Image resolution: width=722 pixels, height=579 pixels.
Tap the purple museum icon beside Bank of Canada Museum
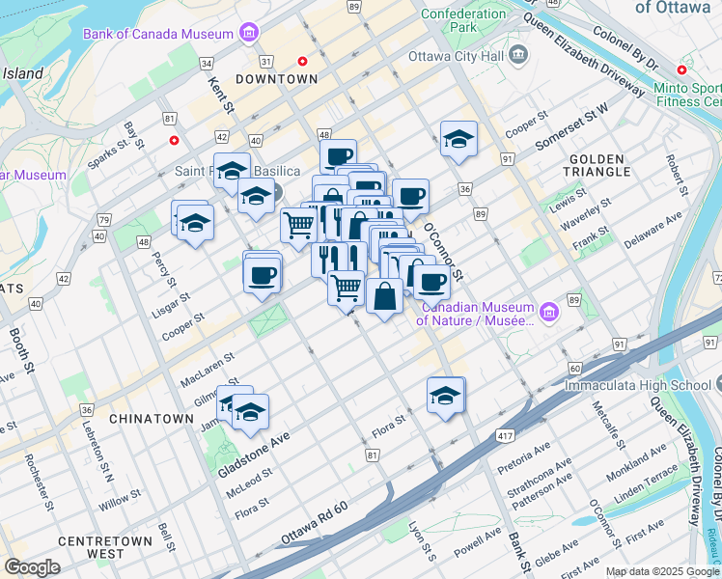point(250,33)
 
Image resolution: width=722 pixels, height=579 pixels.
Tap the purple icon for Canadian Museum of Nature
point(549,312)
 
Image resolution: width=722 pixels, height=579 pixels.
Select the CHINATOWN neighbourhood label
point(152,419)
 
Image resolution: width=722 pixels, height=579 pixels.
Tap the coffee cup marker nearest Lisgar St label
point(263,276)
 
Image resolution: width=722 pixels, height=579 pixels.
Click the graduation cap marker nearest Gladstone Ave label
point(249,412)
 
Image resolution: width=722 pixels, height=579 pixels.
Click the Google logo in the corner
point(32,567)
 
